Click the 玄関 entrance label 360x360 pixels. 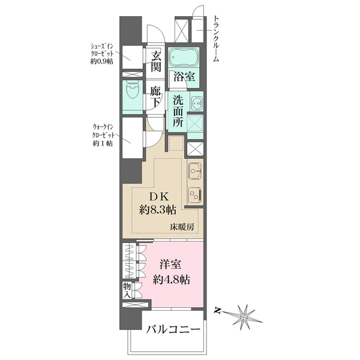[156, 62]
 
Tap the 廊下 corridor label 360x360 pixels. [156, 97]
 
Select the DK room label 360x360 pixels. [157, 196]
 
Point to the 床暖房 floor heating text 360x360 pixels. [182, 227]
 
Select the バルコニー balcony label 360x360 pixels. [172, 331]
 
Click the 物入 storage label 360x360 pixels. [127, 290]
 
